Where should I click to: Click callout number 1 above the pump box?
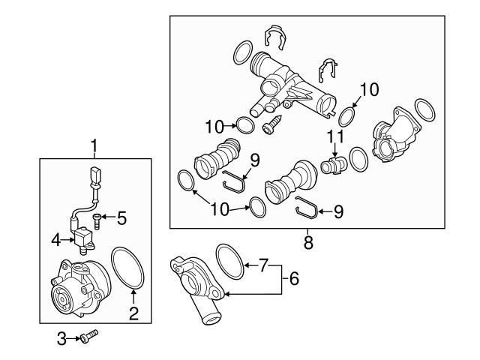click(94, 144)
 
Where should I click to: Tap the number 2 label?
click(133, 314)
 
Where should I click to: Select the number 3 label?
click(62, 339)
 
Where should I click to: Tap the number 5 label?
click(121, 219)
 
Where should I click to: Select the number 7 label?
click(262, 265)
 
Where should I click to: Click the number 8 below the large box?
click(307, 243)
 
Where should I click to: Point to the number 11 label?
click(334, 136)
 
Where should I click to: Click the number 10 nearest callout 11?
click(369, 91)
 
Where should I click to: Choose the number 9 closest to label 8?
click(337, 212)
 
